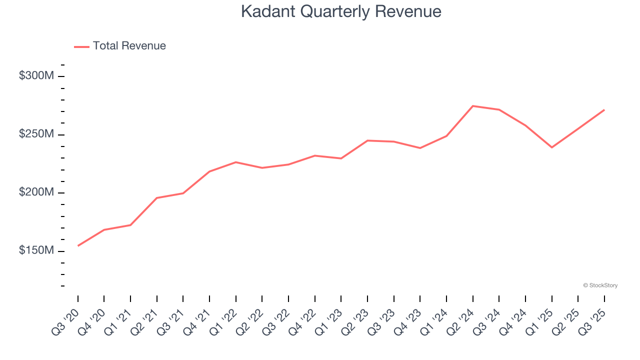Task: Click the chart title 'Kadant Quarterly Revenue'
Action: tap(341, 11)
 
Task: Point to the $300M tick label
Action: tap(36, 76)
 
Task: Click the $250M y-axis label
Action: tap(36, 134)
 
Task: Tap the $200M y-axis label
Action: tap(36, 192)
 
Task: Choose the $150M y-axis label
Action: tap(36, 250)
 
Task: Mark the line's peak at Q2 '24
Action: tap(473, 106)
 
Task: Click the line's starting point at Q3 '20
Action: tap(78, 246)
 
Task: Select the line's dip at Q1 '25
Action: tap(552, 147)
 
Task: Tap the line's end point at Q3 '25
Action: tap(604, 109)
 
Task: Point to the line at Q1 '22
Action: tap(236, 162)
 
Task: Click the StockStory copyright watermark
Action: tap(600, 285)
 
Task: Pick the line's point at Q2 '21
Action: tap(157, 198)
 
